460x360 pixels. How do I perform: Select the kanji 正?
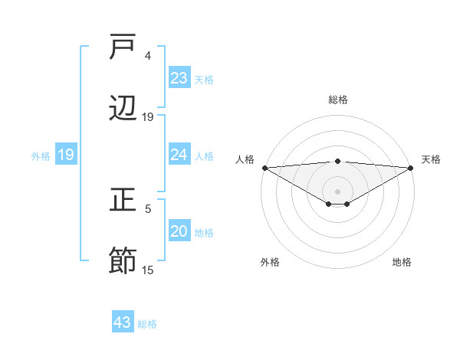click(x=123, y=201)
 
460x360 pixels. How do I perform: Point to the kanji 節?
click(x=123, y=262)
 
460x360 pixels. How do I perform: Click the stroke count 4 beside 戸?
click(x=148, y=56)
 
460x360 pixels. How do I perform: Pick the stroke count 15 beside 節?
click(x=148, y=270)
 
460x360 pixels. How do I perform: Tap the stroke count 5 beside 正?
click(x=148, y=208)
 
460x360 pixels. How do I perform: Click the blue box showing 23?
click(x=179, y=78)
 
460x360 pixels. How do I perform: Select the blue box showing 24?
click(x=179, y=155)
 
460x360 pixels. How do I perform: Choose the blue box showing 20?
click(x=179, y=231)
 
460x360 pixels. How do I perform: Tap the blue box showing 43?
click(x=123, y=322)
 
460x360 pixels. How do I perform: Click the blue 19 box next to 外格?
click(x=66, y=155)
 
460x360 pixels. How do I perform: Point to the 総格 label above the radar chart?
click(x=337, y=100)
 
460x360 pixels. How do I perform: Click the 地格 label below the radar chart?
click(x=402, y=262)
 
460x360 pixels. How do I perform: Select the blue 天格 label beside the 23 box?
click(x=204, y=79)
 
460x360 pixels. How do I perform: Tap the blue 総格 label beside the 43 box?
click(x=147, y=323)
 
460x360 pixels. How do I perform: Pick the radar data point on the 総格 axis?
click(x=337, y=161)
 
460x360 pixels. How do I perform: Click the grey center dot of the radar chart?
click(x=337, y=191)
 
